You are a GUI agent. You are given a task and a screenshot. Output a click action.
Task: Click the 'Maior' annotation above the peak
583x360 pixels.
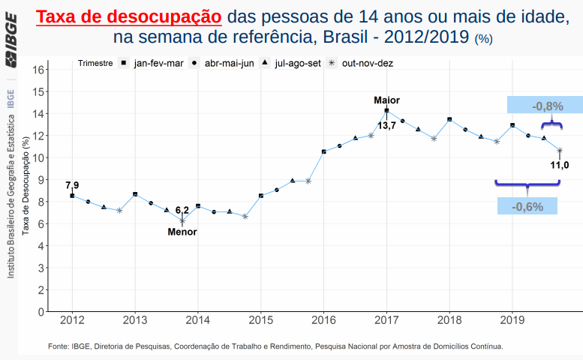click(x=386, y=100)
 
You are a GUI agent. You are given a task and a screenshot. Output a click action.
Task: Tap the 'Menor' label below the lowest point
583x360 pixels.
click(x=182, y=232)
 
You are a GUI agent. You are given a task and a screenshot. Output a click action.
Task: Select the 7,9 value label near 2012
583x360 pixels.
click(x=72, y=184)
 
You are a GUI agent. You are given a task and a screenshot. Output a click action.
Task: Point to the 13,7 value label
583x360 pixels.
click(x=386, y=126)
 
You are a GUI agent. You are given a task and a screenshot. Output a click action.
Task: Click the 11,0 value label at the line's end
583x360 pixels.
click(x=560, y=165)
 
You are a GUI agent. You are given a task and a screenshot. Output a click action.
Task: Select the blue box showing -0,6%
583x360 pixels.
click(x=527, y=206)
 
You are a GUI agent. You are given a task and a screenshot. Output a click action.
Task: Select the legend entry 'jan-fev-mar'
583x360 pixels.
click(x=158, y=63)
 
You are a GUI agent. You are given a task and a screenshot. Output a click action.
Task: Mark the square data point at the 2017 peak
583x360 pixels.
click(x=386, y=111)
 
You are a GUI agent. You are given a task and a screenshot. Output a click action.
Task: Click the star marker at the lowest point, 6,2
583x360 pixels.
click(x=182, y=220)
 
